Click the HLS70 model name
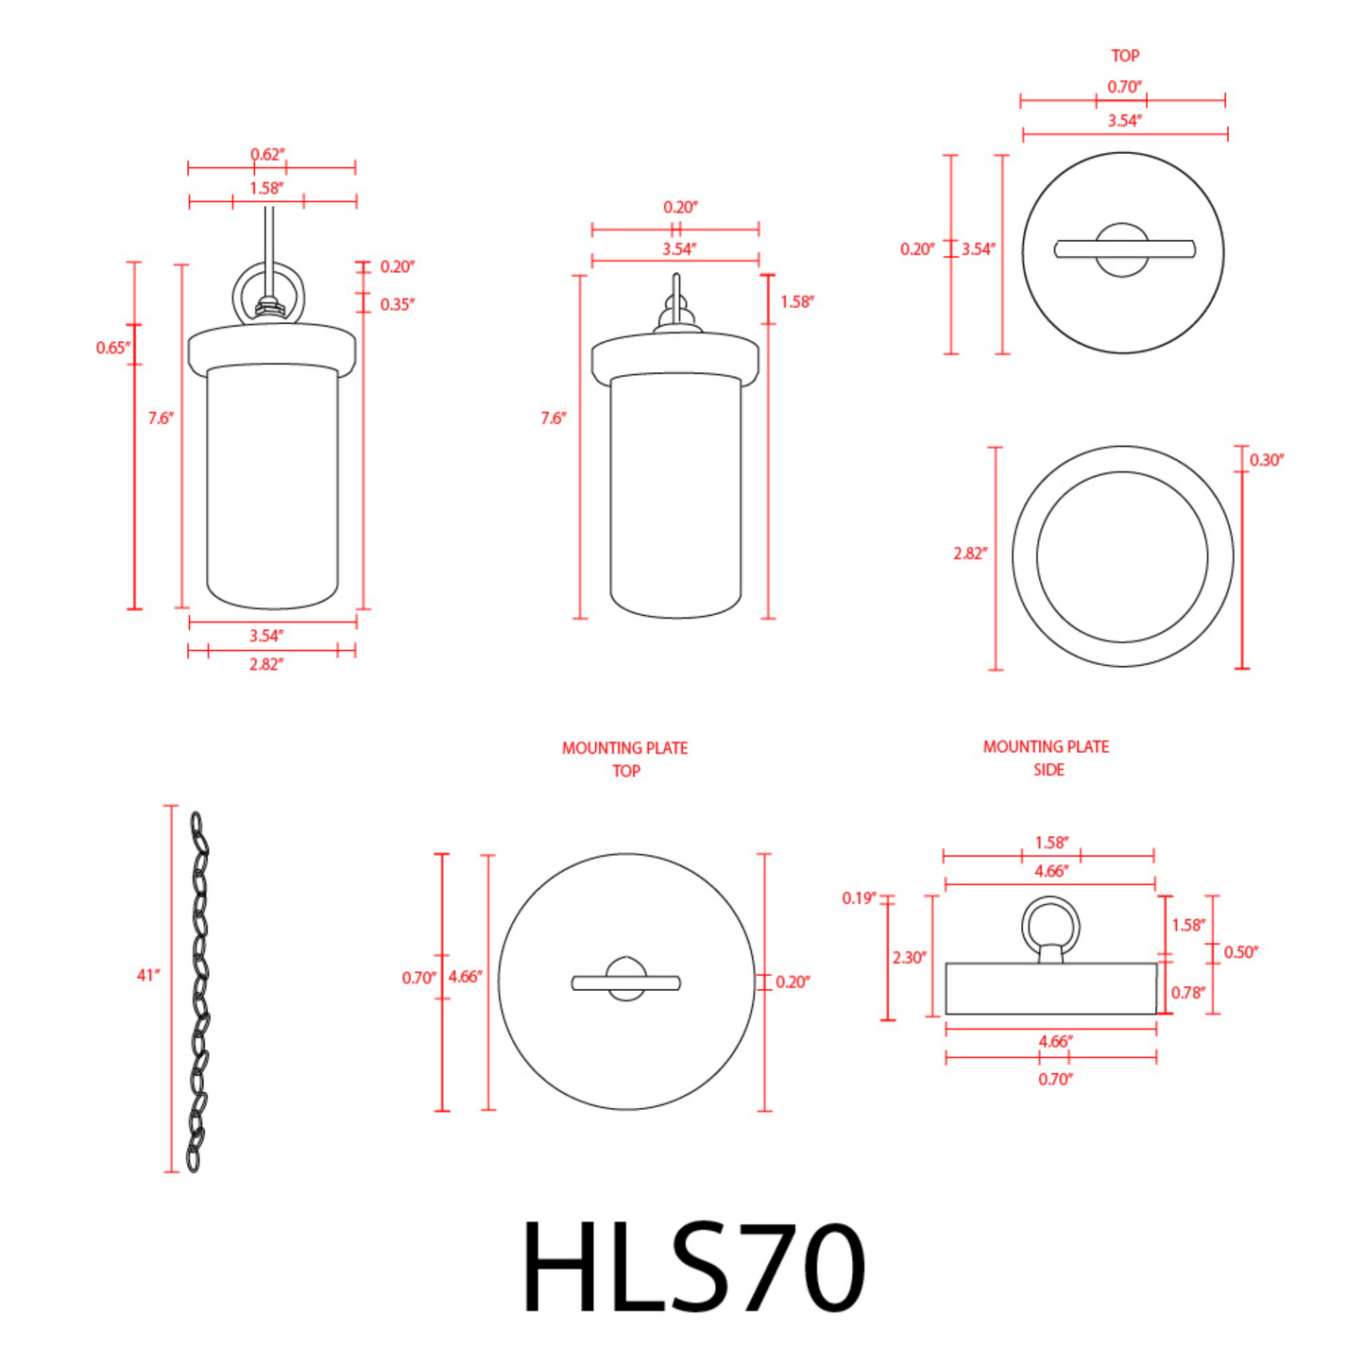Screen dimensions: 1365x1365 (692, 1267)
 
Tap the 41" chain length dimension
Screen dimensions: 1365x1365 (148, 975)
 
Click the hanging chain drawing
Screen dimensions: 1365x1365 (197, 991)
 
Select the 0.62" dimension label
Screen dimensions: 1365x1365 (267, 154)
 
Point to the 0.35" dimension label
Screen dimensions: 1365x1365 (397, 304)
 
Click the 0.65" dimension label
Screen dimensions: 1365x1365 (112, 348)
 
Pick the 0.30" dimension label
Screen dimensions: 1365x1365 (1266, 460)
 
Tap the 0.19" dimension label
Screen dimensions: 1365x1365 (859, 897)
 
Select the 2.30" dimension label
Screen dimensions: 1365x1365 (909, 957)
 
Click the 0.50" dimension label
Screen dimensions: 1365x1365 (1240, 952)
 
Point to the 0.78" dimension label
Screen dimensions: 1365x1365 (1187, 992)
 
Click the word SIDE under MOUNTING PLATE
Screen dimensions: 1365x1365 (1048, 770)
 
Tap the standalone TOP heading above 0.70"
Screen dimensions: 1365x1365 (1124, 56)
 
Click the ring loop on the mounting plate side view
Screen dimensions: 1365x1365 (1050, 926)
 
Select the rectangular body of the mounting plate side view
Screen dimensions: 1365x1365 (1050, 989)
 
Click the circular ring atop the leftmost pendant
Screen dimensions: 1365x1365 (269, 293)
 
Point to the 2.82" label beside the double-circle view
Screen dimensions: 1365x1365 (969, 554)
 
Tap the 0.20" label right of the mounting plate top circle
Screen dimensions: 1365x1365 (792, 982)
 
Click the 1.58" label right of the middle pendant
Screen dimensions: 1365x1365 (796, 302)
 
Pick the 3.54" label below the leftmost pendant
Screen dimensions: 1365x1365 (265, 636)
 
